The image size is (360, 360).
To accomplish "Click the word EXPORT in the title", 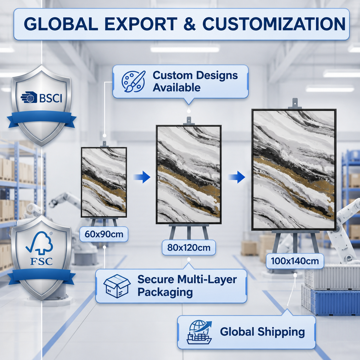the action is point(141,24).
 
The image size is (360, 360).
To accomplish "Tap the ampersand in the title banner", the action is point(190,24).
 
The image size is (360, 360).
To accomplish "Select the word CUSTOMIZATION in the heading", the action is point(274,24).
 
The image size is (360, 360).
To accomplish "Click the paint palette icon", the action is point(133,81).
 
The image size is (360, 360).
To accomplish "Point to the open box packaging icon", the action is point(117,286).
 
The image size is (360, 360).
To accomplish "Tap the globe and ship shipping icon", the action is point(199,332).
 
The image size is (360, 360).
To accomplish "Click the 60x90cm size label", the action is point(104,234).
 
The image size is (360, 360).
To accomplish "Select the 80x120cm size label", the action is point(189,247).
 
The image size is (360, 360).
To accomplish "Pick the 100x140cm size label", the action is point(295,261).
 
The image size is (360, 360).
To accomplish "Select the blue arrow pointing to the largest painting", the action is point(237,177).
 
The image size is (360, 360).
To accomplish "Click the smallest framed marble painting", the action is point(104,182).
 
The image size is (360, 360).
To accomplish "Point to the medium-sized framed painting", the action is point(189,174).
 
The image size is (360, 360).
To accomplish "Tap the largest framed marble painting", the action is point(294,169).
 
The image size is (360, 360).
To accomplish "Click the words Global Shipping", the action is point(262,332).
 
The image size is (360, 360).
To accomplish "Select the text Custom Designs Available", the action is point(195,81).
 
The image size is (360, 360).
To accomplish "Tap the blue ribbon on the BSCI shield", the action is point(42,119).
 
